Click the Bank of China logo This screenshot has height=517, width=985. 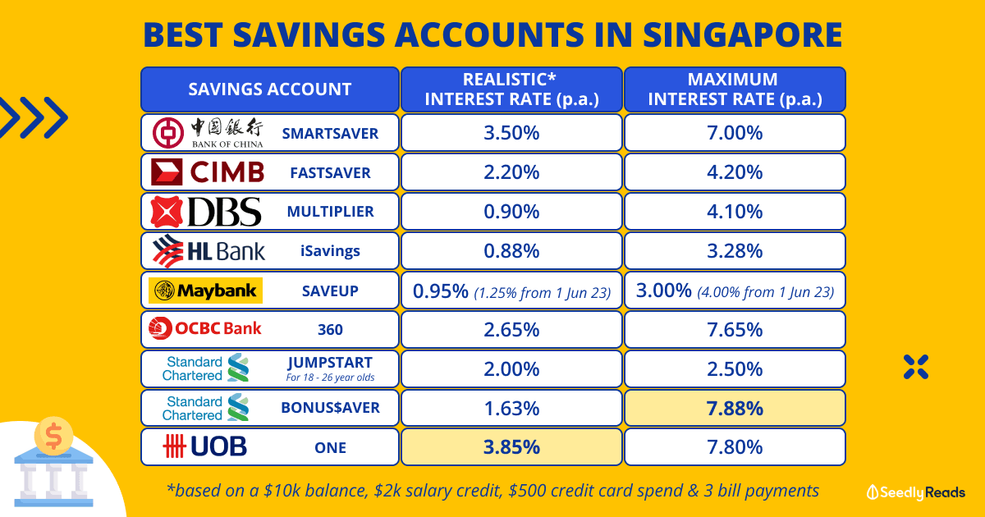[x=208, y=133]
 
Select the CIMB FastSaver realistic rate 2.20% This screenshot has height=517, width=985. [x=511, y=172]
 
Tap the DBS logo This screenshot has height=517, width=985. [x=206, y=212]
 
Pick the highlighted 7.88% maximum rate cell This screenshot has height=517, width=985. [x=735, y=408]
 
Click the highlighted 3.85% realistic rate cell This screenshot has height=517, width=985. [x=511, y=447]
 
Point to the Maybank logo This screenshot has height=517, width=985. [x=205, y=291]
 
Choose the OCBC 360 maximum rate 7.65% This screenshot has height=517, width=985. [x=735, y=330]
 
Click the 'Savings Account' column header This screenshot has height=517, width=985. [x=269, y=89]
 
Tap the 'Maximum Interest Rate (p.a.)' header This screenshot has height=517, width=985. [x=735, y=89]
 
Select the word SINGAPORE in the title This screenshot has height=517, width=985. [x=742, y=34]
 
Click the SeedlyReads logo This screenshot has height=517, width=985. [x=915, y=492]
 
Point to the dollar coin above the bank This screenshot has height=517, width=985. [x=53, y=436]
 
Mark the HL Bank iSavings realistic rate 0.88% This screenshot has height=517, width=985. [x=511, y=251]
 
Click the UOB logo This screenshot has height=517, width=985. [x=205, y=446]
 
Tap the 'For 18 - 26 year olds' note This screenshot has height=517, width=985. [x=330, y=377]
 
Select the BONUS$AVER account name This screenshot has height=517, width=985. [x=330, y=408]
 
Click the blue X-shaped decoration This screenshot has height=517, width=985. [x=916, y=367]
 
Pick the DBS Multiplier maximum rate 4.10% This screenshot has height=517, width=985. [x=735, y=212]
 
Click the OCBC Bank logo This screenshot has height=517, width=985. [x=205, y=328]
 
